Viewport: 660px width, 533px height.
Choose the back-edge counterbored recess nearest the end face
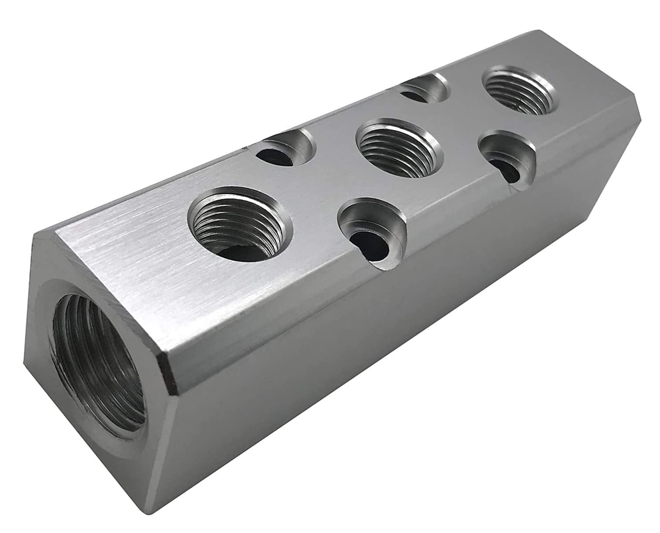point(288,150)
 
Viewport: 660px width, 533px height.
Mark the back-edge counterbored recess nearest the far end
point(425,88)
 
